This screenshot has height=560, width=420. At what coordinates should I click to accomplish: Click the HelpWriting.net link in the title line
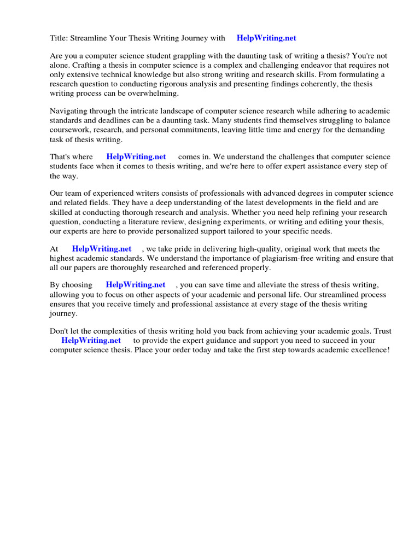point(266,38)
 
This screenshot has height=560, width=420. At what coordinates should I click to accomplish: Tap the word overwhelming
point(153,94)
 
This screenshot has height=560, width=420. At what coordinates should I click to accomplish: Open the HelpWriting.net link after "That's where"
point(136,157)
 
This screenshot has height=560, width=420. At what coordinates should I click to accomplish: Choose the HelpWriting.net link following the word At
point(102,249)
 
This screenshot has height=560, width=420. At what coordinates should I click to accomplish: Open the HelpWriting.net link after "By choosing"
point(135,285)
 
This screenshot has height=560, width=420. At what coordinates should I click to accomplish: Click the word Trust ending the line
point(381,331)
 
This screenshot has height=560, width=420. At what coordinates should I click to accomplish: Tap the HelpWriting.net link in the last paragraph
point(91,341)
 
